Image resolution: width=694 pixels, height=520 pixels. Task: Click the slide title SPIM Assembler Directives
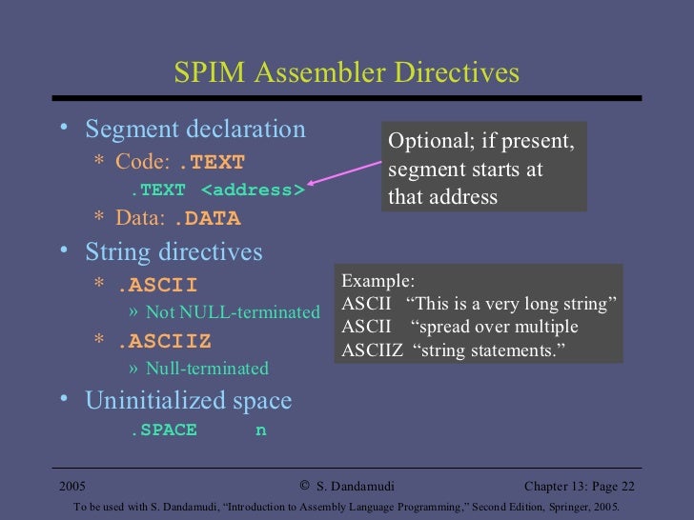(346, 73)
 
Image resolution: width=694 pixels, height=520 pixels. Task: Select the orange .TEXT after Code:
(211, 162)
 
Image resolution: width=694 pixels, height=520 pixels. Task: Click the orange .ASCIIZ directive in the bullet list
(164, 341)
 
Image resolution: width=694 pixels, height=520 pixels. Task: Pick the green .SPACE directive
(163, 430)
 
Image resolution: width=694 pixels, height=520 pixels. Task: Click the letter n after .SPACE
(260, 430)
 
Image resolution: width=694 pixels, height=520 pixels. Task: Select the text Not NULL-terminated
(233, 312)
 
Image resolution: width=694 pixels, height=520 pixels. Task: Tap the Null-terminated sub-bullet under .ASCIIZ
(207, 369)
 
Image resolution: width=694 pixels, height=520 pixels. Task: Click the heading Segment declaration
(195, 130)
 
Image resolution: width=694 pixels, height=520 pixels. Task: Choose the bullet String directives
(173, 252)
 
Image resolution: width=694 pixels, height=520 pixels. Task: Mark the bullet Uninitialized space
(189, 401)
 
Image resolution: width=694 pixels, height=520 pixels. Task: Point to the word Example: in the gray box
(378, 281)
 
